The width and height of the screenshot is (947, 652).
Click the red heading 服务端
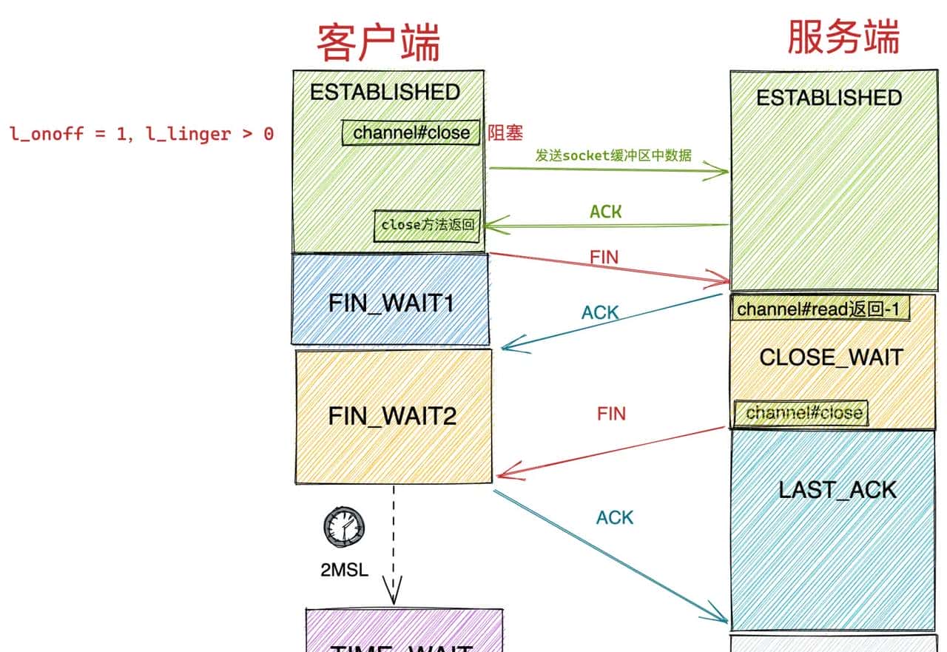[x=843, y=37]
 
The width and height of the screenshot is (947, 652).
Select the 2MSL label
[x=344, y=571]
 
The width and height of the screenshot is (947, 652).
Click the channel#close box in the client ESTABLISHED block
[x=411, y=132]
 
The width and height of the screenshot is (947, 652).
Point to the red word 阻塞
[x=505, y=133]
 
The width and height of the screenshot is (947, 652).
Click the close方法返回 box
[x=428, y=225]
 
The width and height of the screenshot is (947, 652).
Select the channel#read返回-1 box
[x=820, y=309]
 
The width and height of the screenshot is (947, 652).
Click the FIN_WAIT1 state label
[x=391, y=303]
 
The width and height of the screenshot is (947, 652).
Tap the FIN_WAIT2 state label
[x=392, y=416]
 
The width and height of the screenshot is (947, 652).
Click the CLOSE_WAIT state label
[x=831, y=357]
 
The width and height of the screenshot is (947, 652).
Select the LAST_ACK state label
[x=838, y=489]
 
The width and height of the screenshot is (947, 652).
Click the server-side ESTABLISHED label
[x=829, y=98]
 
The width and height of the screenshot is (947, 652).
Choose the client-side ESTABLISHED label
[x=385, y=92]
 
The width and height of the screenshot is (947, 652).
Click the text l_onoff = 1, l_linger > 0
[x=141, y=135]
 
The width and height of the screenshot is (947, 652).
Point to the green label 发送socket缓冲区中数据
[x=613, y=155]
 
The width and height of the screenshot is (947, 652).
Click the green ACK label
[x=606, y=212]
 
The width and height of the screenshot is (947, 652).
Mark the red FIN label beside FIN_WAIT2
[x=611, y=414]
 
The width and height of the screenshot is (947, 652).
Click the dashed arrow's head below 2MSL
[x=394, y=592]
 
